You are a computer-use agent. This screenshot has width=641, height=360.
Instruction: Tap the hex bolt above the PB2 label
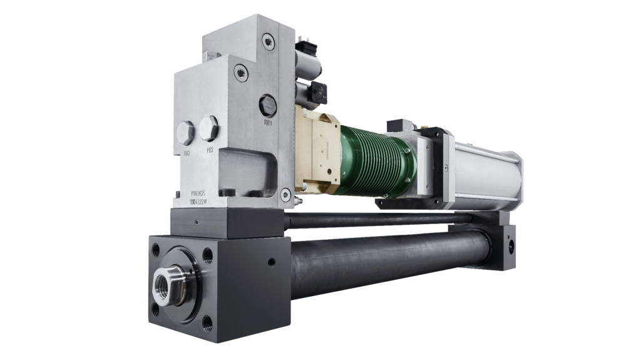(x=209, y=128)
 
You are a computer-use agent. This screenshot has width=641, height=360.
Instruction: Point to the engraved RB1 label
(x=268, y=123)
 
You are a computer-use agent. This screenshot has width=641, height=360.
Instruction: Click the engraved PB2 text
(x=210, y=151)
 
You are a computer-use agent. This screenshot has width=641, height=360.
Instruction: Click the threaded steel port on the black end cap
(x=168, y=285)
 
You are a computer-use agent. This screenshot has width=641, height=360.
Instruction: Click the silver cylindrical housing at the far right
(x=488, y=172)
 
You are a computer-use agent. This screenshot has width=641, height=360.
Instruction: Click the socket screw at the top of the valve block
(x=268, y=42)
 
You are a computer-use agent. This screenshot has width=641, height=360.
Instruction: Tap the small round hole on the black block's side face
(x=271, y=261)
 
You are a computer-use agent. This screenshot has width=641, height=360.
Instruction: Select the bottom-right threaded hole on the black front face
(x=207, y=324)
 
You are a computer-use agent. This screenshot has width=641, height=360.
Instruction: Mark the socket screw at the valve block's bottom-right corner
(x=285, y=196)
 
